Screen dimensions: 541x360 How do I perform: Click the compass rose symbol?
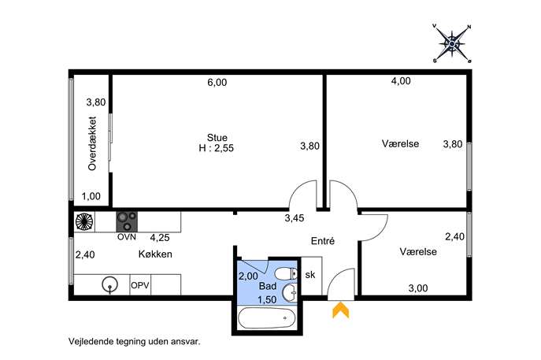point(452,43)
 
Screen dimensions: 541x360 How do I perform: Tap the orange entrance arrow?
point(340,310)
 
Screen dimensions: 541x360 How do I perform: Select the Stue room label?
point(217,137)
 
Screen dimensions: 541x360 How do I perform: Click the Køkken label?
point(155,254)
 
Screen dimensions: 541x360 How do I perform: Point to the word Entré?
point(323,240)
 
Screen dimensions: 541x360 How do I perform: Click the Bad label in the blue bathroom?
point(268,286)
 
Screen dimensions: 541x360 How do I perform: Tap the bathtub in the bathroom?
point(267,318)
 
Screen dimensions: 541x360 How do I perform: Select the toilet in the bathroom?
point(286,273)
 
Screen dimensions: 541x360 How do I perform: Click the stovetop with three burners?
point(127,221)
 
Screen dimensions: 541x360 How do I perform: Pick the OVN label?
point(127,237)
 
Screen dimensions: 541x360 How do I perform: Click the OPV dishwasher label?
point(140,285)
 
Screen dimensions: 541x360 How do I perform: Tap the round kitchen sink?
point(110,285)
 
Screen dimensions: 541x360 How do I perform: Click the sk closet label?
point(310,274)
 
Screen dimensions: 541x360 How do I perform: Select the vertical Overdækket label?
point(92,143)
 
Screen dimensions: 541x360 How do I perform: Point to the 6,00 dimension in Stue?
point(217,83)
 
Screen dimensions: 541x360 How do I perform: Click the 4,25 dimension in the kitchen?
point(160,237)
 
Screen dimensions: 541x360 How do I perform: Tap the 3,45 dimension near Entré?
point(295,218)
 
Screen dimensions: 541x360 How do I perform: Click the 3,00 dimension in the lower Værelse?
point(418,288)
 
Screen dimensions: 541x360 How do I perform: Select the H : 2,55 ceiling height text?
point(217,148)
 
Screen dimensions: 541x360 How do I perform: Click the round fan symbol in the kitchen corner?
point(84,221)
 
